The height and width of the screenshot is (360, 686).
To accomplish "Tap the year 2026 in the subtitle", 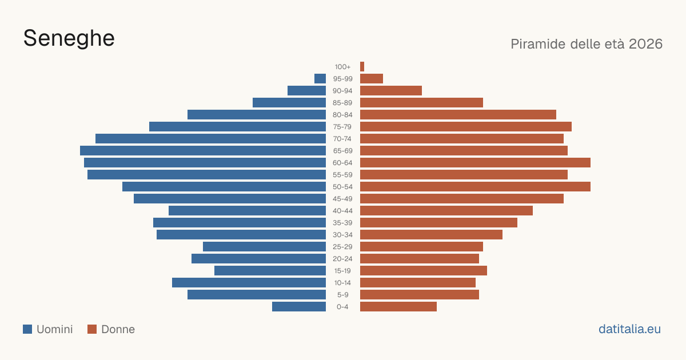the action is [645, 44].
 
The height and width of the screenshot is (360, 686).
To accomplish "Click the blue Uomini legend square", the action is [27, 329].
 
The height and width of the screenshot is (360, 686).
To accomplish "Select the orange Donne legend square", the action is [92, 329].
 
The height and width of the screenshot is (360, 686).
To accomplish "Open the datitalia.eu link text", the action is [629, 329].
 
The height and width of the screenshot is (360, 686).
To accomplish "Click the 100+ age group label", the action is [342, 67].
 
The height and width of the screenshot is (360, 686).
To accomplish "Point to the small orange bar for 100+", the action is [362, 67].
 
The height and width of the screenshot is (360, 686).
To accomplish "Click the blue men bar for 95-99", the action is [320, 79].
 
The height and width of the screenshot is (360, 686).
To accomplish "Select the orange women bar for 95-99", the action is [372, 79].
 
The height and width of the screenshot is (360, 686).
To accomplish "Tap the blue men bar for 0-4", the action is [299, 307].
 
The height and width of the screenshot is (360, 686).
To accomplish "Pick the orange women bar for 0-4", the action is [398, 307].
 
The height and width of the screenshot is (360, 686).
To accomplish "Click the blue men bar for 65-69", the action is [203, 151].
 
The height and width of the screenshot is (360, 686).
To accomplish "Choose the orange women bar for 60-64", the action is [475, 162].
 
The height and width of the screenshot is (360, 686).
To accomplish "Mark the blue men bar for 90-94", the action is [306, 91].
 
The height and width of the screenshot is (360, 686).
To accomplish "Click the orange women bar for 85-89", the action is [421, 102].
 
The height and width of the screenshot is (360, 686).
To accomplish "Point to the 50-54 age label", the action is [342, 187].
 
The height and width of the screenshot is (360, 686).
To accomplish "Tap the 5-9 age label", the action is [342, 295].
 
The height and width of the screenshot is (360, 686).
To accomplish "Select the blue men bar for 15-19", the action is [270, 271].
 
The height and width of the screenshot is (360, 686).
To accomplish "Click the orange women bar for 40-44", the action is [446, 211].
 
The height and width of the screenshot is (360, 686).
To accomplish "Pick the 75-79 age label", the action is [342, 127].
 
